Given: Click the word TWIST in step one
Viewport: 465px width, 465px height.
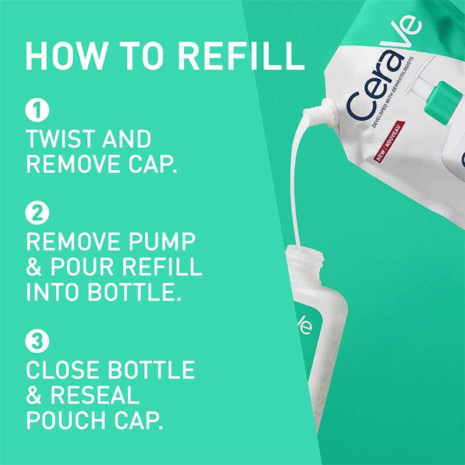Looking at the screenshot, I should [59, 139].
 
